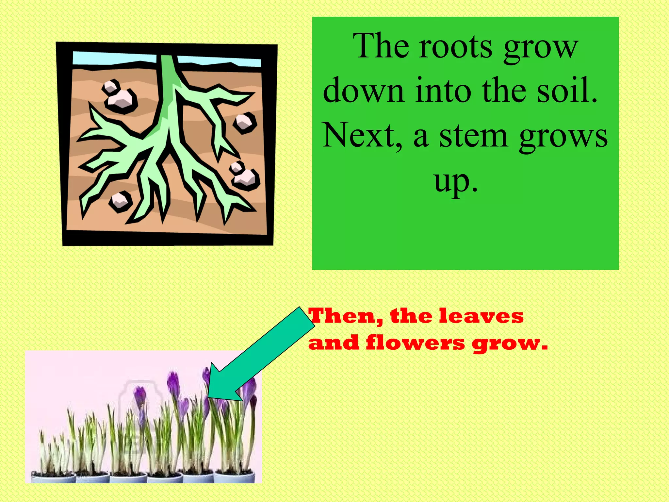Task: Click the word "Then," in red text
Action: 346,316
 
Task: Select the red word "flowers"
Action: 415,343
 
